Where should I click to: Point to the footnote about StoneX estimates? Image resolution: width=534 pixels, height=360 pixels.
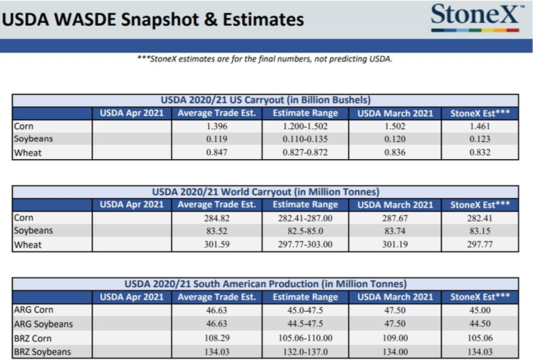point(264,59)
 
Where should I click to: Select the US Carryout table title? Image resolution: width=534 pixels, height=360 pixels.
point(266,100)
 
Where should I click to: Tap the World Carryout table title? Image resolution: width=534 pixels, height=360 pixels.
point(266,192)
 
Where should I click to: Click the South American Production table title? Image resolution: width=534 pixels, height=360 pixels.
point(266,283)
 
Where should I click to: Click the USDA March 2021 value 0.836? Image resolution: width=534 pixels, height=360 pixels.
point(395,153)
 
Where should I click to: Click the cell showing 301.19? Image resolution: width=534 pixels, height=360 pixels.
point(395,244)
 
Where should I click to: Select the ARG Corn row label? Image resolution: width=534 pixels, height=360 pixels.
point(34,309)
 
